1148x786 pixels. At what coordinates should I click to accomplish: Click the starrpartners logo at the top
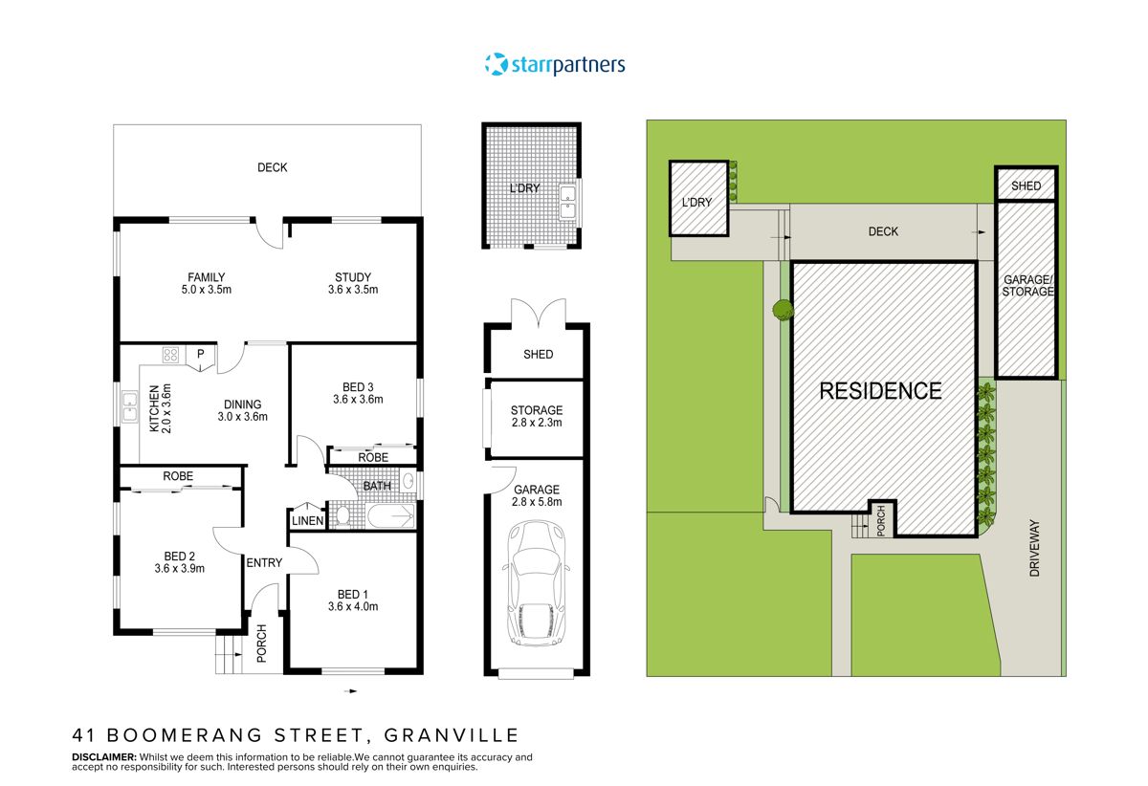tap(555, 65)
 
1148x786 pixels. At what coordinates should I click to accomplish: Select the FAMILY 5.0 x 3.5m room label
tap(207, 284)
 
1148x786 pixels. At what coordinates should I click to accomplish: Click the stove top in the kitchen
tap(171, 356)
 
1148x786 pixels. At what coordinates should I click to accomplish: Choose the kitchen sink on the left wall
tap(128, 410)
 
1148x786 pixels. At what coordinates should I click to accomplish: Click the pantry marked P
tap(201, 355)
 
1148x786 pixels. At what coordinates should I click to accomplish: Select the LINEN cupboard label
tap(307, 519)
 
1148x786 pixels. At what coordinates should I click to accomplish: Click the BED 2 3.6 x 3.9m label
tap(180, 561)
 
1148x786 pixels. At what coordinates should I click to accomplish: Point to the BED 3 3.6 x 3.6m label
tap(358, 393)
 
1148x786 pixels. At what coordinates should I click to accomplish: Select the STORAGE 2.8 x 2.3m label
tap(537, 417)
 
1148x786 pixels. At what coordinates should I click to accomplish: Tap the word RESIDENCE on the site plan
tap(880, 390)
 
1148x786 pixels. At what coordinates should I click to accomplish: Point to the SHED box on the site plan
tap(1026, 186)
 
